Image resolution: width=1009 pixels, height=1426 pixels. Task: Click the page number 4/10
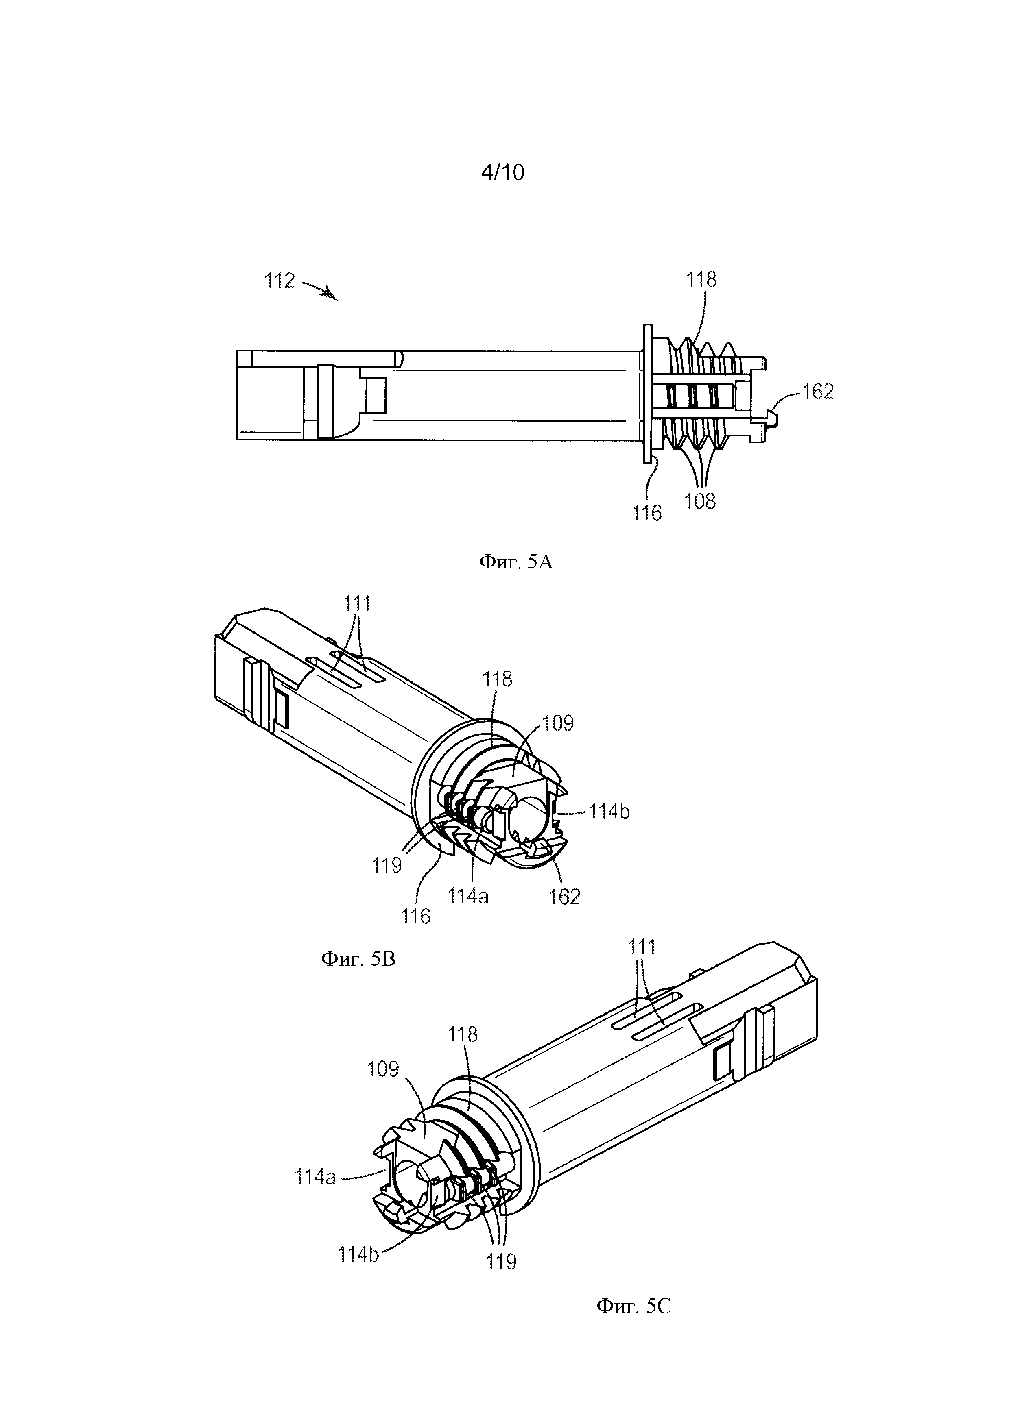point(502,172)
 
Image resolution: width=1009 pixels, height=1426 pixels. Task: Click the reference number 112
point(280,281)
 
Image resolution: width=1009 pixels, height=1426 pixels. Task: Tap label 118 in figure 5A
point(701,279)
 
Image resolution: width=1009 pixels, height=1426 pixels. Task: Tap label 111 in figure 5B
point(357,603)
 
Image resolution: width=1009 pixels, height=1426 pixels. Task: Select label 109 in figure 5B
point(558,723)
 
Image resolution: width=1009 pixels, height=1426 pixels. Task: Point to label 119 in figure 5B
point(387,865)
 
